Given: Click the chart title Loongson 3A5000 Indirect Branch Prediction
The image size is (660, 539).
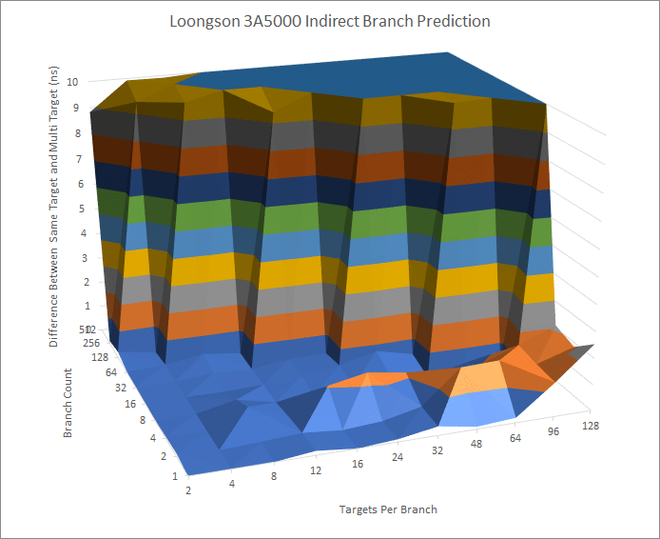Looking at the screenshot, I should tap(329, 21).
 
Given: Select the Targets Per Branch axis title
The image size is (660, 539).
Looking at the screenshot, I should tap(388, 509).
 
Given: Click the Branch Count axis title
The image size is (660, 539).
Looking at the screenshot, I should tap(68, 403).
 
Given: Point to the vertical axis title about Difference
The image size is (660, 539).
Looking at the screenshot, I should tap(55, 212).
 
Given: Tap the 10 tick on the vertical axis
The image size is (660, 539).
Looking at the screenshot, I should tap(73, 83).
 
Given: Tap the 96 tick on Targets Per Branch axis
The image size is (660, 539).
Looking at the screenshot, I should tap(552, 435).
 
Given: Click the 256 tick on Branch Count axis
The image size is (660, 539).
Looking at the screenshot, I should tap(91, 342).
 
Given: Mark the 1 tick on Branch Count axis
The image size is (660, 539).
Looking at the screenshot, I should tap(175, 475).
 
